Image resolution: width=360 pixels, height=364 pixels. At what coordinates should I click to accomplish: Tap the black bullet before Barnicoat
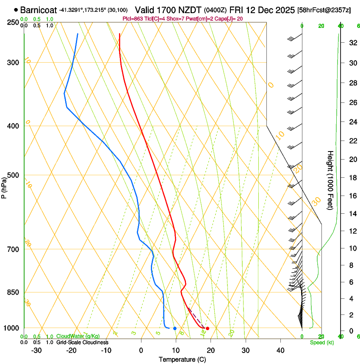(x=16, y=9)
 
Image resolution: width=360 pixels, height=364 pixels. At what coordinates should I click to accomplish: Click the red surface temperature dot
(x=207, y=328)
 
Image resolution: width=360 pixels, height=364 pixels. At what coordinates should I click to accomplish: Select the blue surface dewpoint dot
(x=174, y=328)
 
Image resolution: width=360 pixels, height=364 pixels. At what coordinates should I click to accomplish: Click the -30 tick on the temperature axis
(x=36, y=350)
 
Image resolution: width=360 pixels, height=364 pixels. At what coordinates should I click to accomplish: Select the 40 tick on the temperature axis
(x=280, y=350)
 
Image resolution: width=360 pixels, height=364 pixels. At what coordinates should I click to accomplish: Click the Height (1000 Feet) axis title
(x=330, y=180)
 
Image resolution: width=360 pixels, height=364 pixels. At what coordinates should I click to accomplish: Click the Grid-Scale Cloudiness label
(x=82, y=342)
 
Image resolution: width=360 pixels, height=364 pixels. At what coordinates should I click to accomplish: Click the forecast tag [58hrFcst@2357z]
(x=324, y=10)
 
